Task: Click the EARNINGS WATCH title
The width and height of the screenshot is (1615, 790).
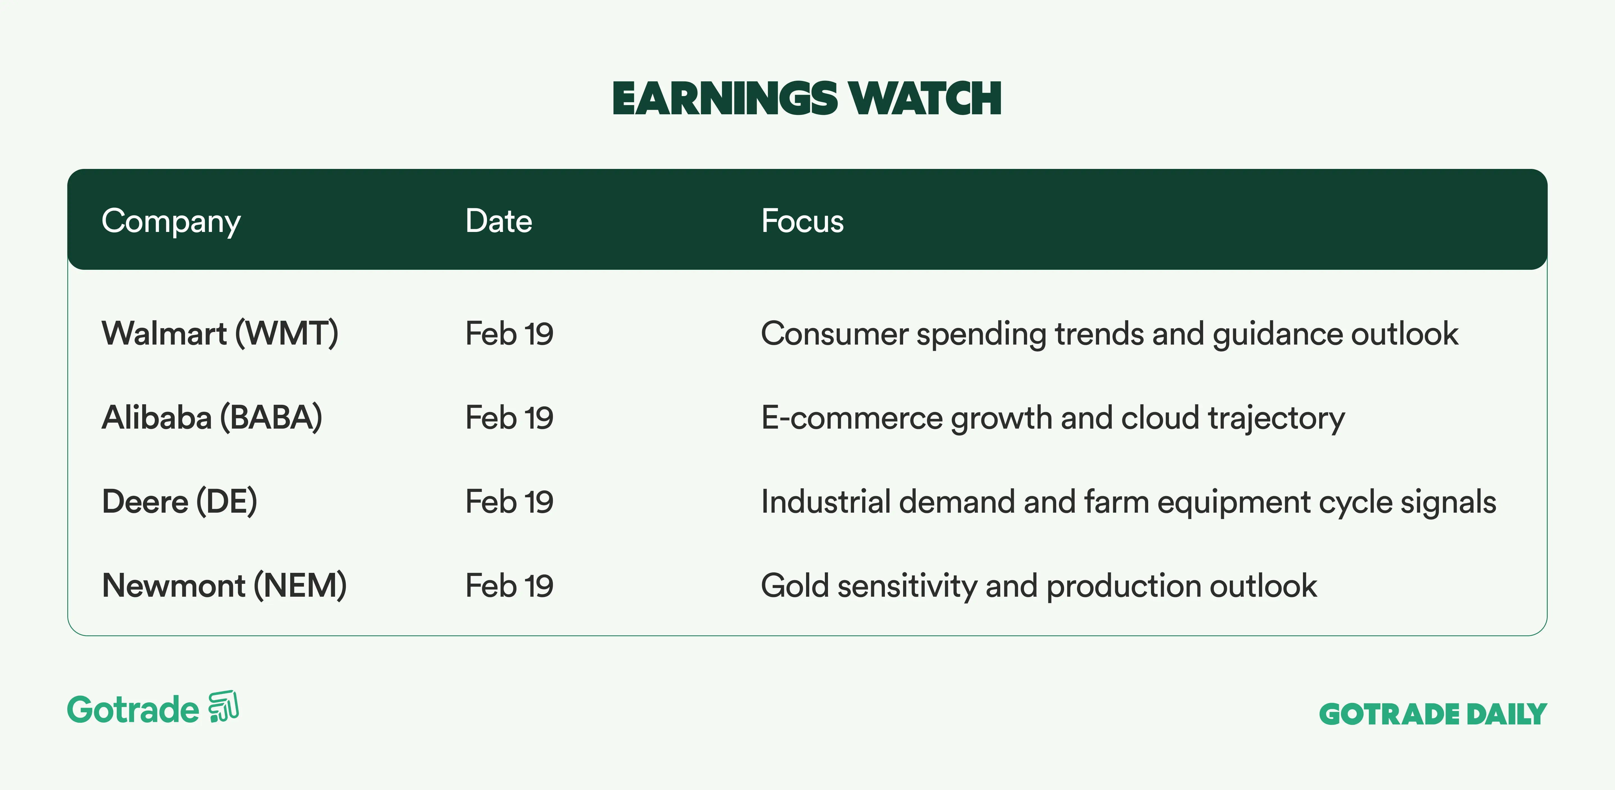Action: [x=807, y=99]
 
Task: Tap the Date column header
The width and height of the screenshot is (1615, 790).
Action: [x=499, y=221]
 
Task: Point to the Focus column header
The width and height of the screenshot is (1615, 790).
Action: [x=802, y=221]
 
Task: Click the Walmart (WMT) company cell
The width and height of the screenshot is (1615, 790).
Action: [x=220, y=333]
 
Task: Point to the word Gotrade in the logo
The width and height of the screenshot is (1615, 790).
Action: [x=133, y=710]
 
